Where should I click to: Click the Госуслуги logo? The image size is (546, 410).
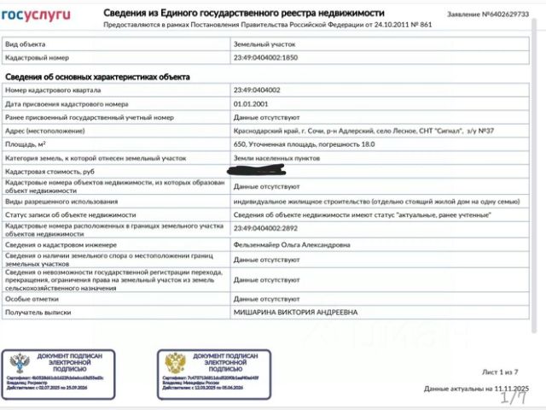pyautogui.click(x=41, y=15)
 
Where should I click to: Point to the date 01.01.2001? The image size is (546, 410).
pyautogui.click(x=250, y=103)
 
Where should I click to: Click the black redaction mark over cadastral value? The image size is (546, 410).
pyautogui.click(x=269, y=171)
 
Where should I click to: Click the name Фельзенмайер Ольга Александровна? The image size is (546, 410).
pyautogui.click(x=292, y=244)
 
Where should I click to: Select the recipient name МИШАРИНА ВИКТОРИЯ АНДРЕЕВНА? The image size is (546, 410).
pyautogui.click(x=296, y=313)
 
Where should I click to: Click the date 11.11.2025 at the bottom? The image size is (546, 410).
pyautogui.click(x=510, y=389)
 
